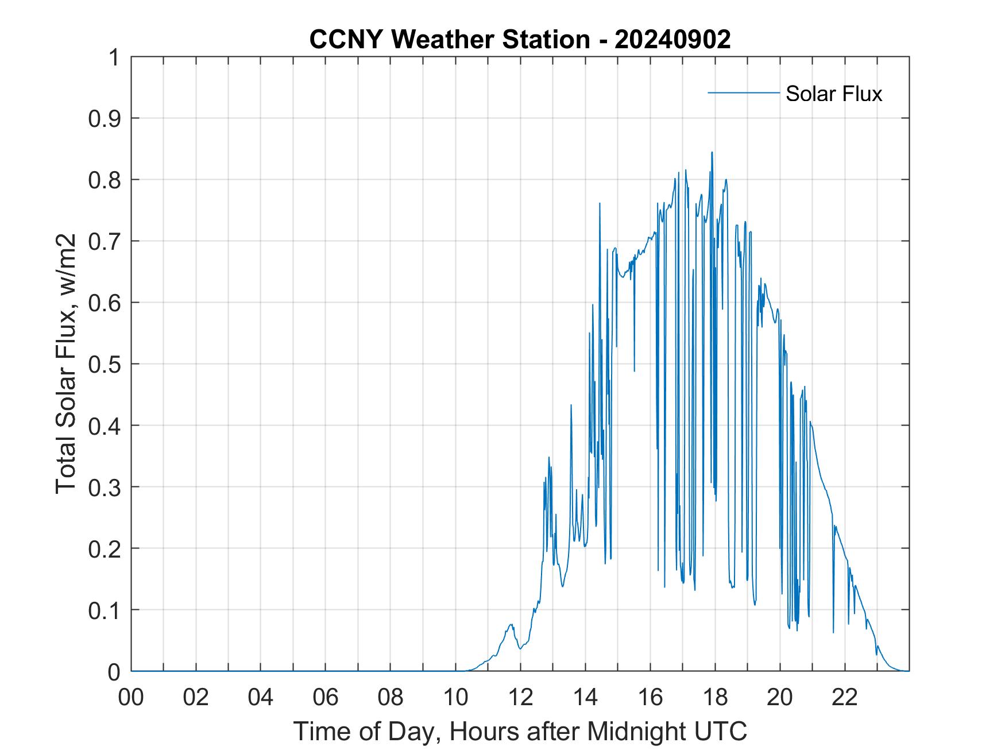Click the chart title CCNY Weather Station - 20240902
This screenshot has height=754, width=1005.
[x=520, y=40]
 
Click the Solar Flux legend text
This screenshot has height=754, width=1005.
[x=833, y=94]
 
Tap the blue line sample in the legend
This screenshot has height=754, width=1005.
[x=743, y=92]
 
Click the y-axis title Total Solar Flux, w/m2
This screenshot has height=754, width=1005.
[x=66, y=364]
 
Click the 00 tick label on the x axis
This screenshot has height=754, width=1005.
[x=131, y=698]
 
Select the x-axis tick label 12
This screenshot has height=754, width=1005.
[x=520, y=698]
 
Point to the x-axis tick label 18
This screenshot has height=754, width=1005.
[x=715, y=698]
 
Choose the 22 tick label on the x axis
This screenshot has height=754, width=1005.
[x=845, y=698]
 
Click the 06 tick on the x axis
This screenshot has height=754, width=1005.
[x=326, y=698]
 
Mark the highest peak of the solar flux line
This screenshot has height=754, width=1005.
[x=712, y=152]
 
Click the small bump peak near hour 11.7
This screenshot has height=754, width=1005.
[x=511, y=624]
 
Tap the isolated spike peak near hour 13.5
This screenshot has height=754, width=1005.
[x=571, y=405]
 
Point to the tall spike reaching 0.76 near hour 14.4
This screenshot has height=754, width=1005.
[x=599, y=203]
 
